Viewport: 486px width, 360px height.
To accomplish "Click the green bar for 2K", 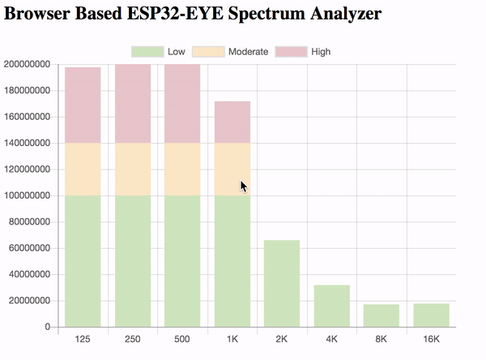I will click(282, 284).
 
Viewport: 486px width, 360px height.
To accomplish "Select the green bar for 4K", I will click(331, 306).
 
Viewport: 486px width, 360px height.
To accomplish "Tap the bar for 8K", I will click(382, 316).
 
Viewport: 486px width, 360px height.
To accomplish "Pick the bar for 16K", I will click(431, 315).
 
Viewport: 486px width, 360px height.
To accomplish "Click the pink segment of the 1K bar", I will click(232, 122).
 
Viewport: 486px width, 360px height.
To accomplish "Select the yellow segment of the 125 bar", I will click(83, 169).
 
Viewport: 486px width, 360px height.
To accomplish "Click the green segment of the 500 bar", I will click(182, 261).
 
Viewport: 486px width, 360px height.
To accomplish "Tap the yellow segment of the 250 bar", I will click(133, 169).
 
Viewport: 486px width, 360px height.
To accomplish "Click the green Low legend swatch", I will click(147, 52).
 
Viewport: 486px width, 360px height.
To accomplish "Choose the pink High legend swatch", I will click(291, 52).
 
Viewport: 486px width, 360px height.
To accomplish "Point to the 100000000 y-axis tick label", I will click(28, 196).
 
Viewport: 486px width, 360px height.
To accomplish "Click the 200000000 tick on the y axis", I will click(28, 65).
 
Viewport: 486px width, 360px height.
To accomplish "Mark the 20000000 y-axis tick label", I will click(30, 301).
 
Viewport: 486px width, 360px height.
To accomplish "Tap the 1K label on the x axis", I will click(232, 339).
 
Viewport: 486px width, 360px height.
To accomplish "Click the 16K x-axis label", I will click(431, 339).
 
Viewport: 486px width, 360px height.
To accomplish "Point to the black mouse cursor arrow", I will click(243, 186).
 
